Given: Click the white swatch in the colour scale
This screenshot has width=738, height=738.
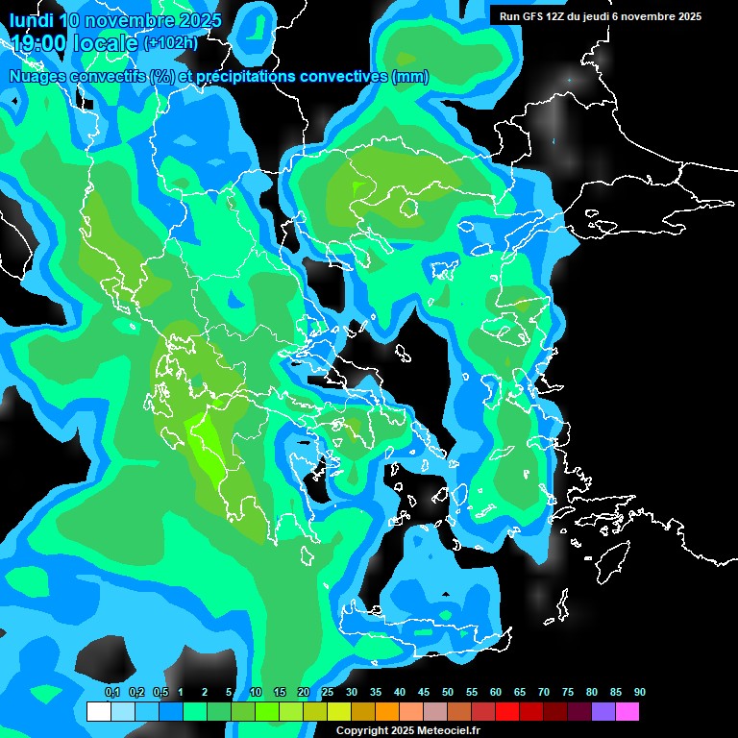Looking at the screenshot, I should [98, 711].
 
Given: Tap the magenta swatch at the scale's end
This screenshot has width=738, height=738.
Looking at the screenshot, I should [627, 711].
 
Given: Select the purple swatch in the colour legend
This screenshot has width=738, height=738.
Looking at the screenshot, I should [603, 711].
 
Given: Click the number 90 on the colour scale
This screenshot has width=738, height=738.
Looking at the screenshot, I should [640, 693].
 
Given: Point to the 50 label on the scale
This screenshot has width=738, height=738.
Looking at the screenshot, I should [448, 693].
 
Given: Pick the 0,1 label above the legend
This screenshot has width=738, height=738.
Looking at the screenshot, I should [111, 693].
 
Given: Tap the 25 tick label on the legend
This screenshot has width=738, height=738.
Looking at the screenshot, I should [328, 693].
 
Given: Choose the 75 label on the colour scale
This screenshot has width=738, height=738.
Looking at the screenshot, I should [568, 693].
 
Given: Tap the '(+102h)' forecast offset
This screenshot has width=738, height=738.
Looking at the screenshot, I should [170, 43].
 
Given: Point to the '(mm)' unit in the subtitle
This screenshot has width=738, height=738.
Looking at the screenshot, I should [410, 77].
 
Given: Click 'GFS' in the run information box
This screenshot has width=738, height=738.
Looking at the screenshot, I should [533, 16].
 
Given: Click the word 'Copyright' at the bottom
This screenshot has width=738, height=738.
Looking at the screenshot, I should [362, 730].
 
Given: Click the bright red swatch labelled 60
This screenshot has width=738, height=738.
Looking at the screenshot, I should [507, 711].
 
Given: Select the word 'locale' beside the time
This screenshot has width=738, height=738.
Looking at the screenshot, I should [106, 43].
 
